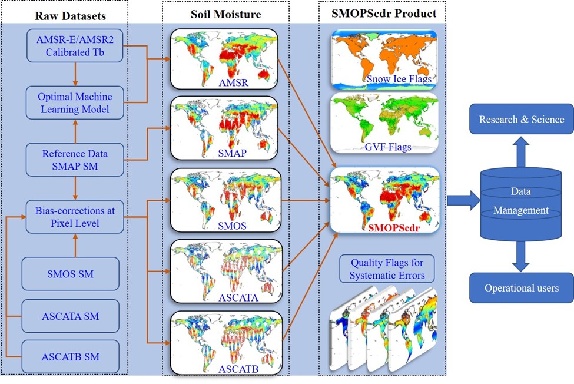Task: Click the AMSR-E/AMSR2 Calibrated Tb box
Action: (x=75, y=46)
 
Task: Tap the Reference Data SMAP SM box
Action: (x=75, y=160)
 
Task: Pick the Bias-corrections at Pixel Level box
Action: (x=75, y=217)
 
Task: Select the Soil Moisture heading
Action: (x=225, y=13)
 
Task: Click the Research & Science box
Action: (x=521, y=120)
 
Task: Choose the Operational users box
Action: (x=521, y=288)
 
